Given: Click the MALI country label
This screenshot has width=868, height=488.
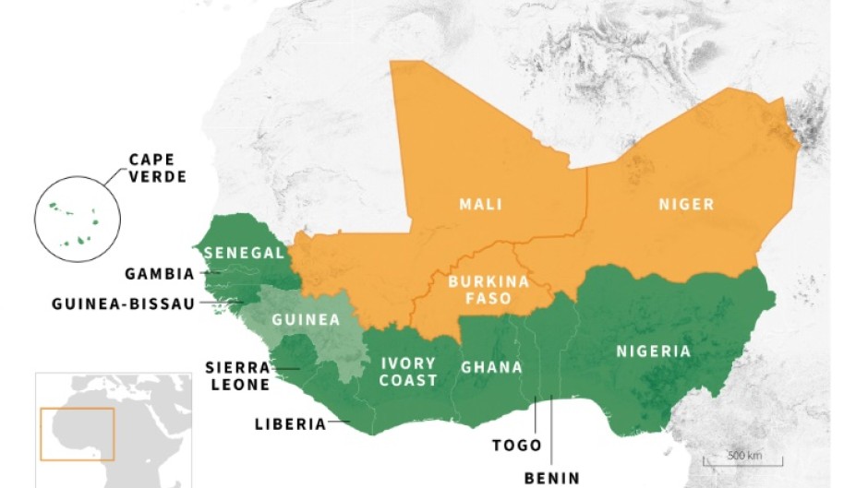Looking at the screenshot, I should click(x=480, y=204).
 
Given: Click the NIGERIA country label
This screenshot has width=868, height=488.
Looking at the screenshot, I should click(x=654, y=351).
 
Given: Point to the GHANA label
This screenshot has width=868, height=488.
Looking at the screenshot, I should click(x=491, y=367).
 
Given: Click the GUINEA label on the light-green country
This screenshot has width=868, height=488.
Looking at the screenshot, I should click(x=306, y=321).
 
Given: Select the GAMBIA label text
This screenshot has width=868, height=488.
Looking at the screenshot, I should click(x=160, y=274).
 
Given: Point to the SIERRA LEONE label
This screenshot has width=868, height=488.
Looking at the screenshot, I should click(x=237, y=376).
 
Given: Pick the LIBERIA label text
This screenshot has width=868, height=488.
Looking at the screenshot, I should click(x=290, y=424).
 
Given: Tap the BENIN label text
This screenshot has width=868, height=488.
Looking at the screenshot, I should click(x=552, y=477).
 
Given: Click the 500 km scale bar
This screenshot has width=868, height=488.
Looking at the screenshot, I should click(x=755, y=460).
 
